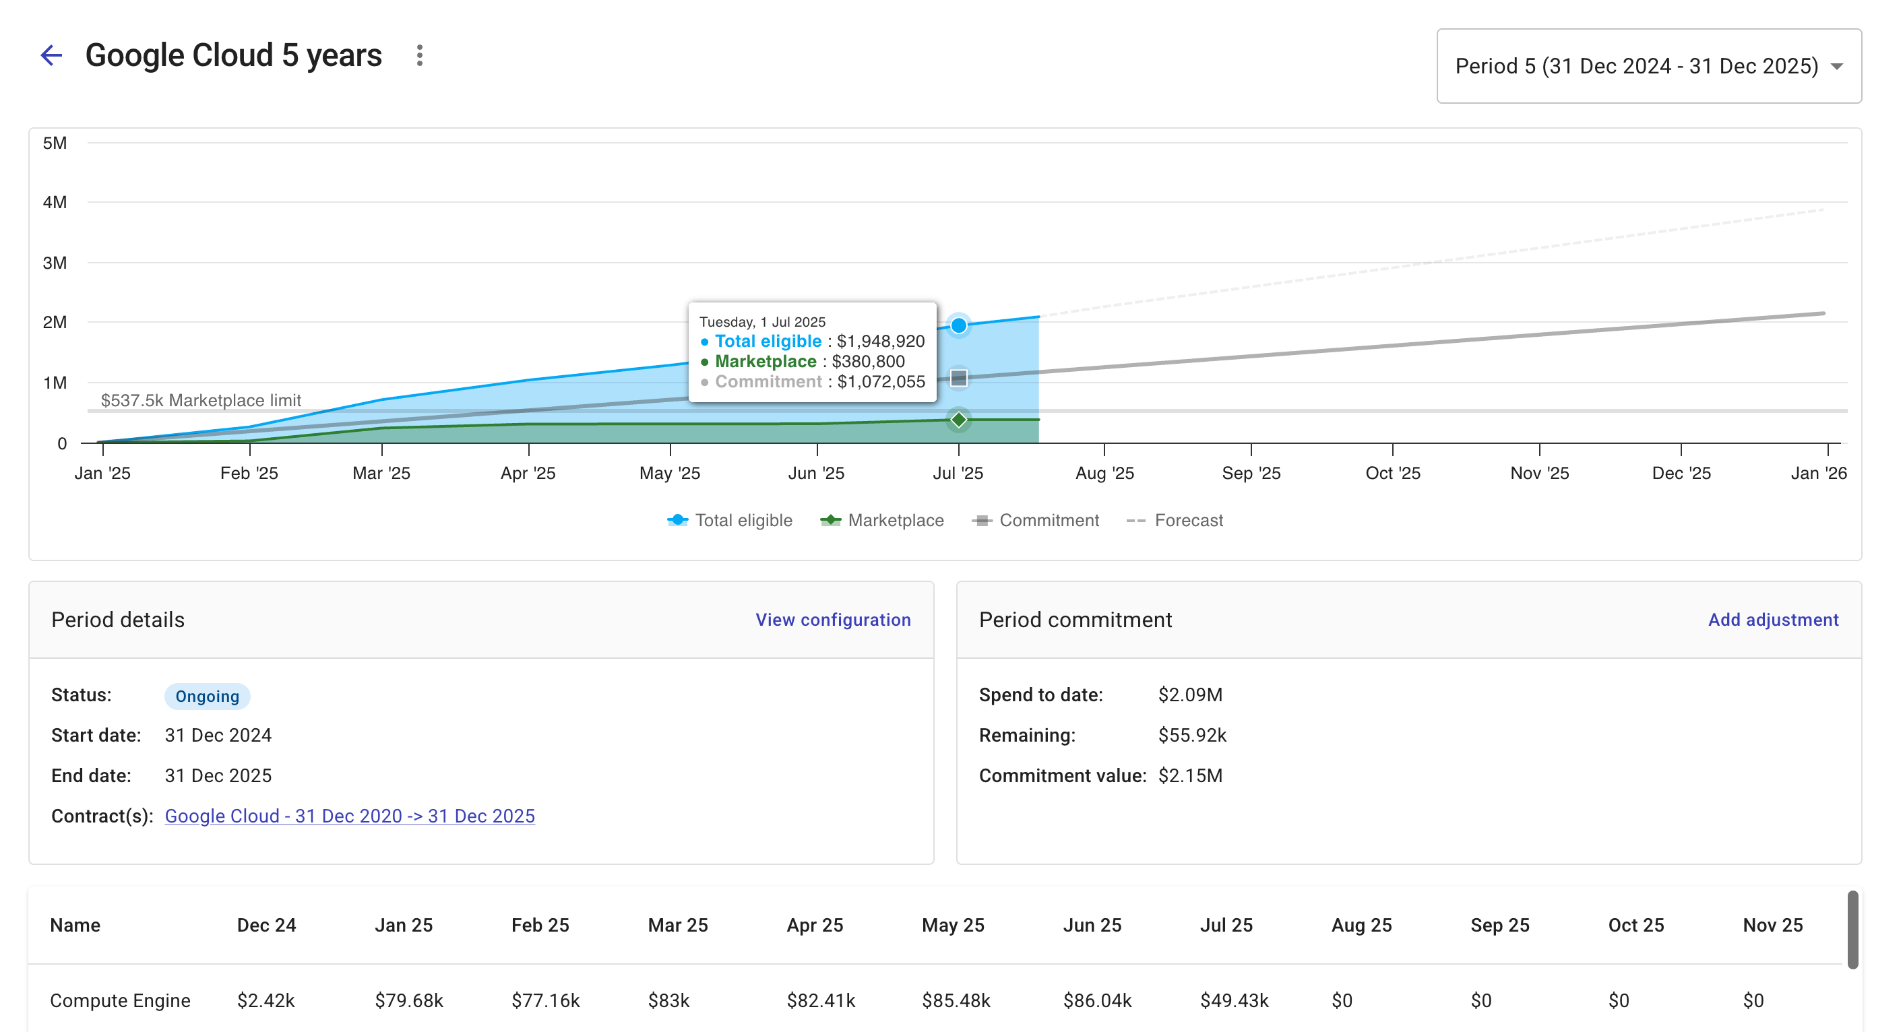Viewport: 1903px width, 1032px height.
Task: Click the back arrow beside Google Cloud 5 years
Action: [x=51, y=55]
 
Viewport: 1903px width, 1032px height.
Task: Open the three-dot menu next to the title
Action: [x=420, y=55]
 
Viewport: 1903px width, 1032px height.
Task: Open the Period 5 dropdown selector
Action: [x=1648, y=67]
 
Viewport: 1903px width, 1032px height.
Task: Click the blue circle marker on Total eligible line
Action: [x=958, y=326]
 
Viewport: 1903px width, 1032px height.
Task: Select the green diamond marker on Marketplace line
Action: [x=958, y=420]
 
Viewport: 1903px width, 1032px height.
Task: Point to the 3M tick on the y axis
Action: [x=55, y=263]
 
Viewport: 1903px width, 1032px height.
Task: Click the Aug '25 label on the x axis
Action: [x=1104, y=474]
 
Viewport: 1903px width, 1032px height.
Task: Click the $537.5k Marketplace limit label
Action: [x=201, y=400]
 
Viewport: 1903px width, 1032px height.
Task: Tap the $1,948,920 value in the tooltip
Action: [x=880, y=342]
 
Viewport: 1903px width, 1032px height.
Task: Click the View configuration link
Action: [x=833, y=620]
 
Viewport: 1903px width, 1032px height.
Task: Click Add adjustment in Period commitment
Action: [x=1772, y=620]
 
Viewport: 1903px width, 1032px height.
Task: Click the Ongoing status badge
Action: [x=207, y=697]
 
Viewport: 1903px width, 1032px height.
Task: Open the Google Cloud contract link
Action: [x=350, y=816]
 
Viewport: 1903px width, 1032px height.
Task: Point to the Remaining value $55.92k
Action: [x=1191, y=736]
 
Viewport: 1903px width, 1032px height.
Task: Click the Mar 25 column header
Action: [x=677, y=926]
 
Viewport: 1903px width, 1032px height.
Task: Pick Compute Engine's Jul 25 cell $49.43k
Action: [x=1233, y=1001]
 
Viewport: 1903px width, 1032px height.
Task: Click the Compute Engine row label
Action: [x=120, y=1001]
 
